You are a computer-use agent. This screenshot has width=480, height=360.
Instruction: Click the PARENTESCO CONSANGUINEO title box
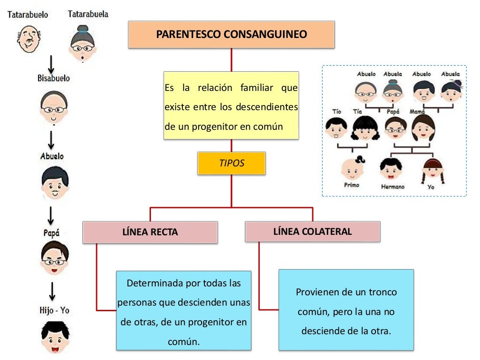point(231,34)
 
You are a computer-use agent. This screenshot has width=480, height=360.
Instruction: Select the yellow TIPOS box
point(232,163)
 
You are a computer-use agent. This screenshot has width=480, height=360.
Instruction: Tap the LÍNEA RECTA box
point(150,232)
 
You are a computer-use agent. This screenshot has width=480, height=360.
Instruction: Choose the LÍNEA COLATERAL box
point(312,231)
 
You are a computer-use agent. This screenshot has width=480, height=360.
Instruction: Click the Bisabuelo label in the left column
point(53,78)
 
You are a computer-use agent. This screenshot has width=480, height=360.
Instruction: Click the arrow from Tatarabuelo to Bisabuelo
point(52,64)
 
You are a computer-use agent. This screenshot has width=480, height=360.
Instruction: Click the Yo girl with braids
point(431,170)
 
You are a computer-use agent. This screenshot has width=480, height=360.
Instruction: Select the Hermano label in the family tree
point(392,187)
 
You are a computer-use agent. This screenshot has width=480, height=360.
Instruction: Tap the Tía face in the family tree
point(364,127)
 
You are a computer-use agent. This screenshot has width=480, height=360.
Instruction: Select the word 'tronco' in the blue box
point(382,292)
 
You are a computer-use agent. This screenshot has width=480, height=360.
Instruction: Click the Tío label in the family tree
point(337,112)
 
